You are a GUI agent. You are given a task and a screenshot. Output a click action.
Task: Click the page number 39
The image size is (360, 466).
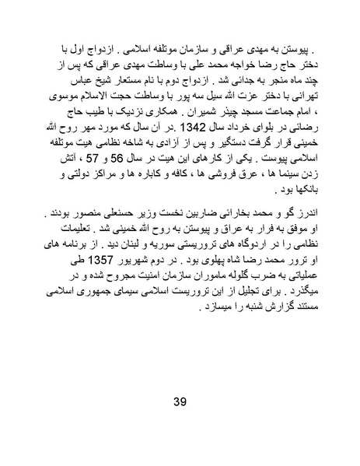(x=179, y=401)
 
